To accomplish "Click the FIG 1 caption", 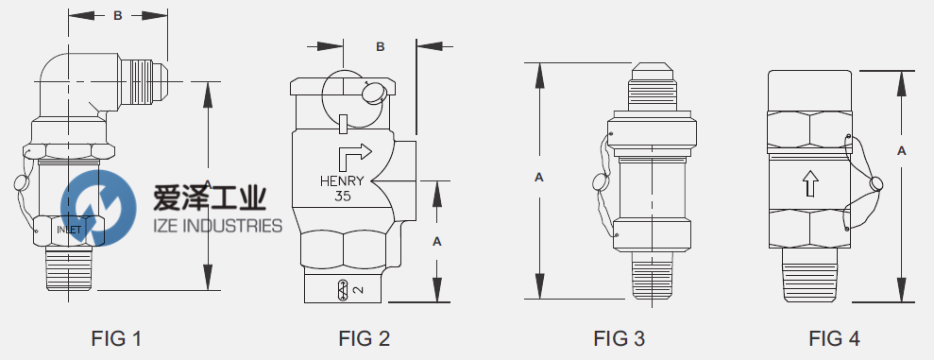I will tap(118, 337).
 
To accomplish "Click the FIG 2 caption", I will tap(364, 337).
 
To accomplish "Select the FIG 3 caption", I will tap(620, 337).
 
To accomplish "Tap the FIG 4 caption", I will tap(834, 337).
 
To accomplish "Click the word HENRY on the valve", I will tap(342, 181).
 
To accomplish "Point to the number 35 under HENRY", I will tap(342, 197).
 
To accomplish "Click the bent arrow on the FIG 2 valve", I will tap(354, 154).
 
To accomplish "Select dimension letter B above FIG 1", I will tap(118, 16).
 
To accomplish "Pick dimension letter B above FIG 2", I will tap(381, 45).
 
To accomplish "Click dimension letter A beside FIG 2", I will tap(436, 241).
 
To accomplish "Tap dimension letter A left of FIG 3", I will tap(539, 177).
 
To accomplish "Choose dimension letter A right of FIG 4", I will tap(902, 150).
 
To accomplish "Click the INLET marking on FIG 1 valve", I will tap(70, 230).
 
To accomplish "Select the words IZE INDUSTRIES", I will tap(217, 225).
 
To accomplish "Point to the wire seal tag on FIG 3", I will tap(598, 183).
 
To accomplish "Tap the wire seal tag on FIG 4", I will tap(877, 183).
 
